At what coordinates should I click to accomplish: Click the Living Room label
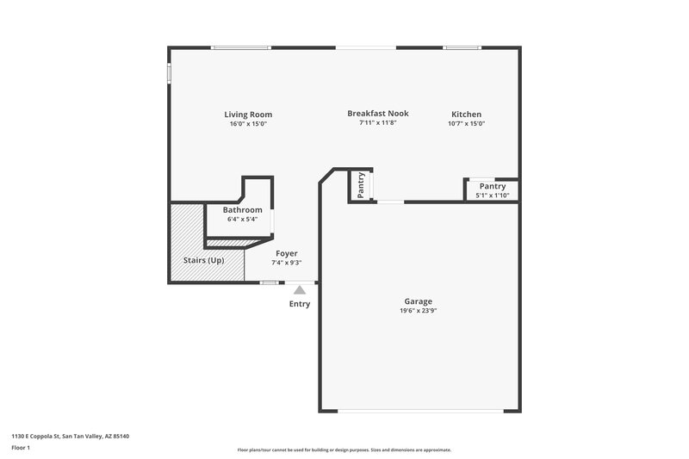(248, 115)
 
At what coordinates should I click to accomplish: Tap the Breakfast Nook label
(377, 113)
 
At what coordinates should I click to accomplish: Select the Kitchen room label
(467, 115)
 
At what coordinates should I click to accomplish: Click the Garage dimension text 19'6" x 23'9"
(419, 311)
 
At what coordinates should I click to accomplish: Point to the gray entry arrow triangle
(299, 290)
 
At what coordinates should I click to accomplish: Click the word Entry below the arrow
(300, 304)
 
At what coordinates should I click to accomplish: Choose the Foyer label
(287, 253)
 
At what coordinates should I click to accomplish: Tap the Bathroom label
(242, 209)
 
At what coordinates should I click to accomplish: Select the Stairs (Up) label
(205, 259)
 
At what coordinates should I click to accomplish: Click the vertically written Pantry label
(362, 184)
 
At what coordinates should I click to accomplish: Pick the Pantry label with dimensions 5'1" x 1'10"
(493, 186)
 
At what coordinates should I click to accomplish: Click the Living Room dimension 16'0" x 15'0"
(248, 124)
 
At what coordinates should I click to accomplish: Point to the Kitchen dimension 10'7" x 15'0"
(467, 123)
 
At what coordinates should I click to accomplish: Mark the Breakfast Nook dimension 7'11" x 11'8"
(377, 122)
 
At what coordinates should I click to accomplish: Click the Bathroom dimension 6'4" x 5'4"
(242, 219)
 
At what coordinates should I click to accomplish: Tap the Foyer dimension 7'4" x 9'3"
(287, 263)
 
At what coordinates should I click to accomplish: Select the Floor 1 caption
(22, 448)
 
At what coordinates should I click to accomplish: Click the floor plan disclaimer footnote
(344, 450)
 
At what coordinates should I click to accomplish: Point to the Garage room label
(419, 301)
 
